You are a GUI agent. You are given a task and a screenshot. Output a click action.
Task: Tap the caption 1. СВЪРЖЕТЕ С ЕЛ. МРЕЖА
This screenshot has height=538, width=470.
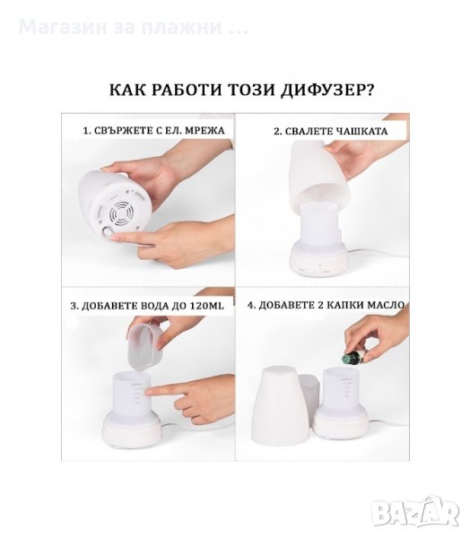click(x=154, y=131)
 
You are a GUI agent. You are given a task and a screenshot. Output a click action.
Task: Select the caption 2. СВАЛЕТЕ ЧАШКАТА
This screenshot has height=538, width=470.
click(x=331, y=132)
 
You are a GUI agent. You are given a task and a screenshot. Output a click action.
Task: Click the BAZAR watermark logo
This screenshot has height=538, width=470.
click(x=417, y=512)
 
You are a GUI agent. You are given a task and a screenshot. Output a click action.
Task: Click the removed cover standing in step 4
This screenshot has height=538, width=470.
click(x=283, y=406)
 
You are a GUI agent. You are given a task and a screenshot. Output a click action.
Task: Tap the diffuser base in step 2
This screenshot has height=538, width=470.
click(x=319, y=259)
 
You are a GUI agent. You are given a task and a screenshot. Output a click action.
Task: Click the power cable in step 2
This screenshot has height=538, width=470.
click(x=379, y=253)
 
